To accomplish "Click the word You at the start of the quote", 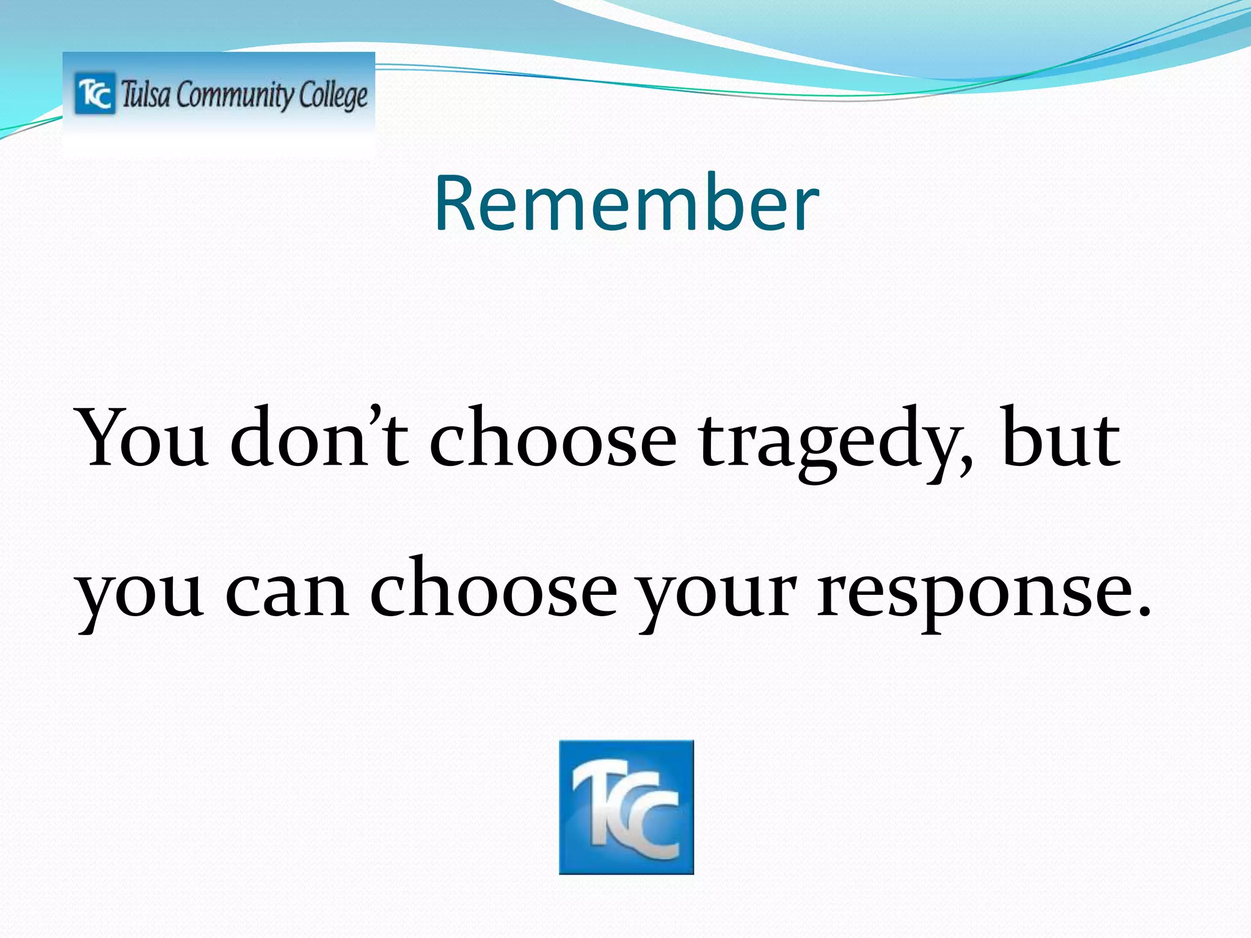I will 142,438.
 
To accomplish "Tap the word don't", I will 319,438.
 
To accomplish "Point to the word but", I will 1060,438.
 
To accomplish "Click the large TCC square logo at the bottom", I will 626,807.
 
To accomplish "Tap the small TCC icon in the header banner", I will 95,93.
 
